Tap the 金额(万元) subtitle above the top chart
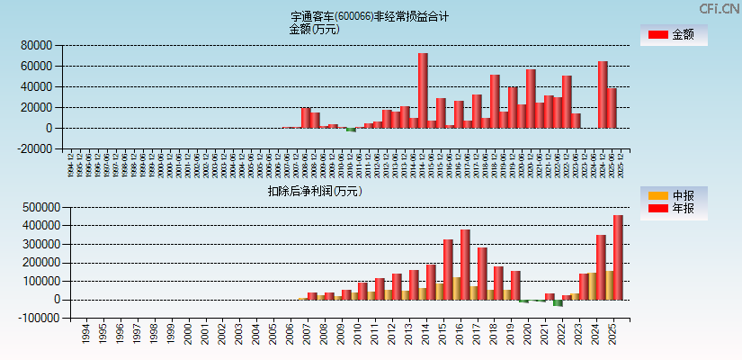[314, 29]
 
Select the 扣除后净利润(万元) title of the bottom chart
[314, 191]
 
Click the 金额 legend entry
[673, 35]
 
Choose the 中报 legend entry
[673, 195]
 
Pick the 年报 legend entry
[673, 209]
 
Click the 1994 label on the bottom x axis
[85, 335]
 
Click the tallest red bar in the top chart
[423, 90]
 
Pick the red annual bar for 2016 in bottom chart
[465, 265]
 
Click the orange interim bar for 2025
[609, 285]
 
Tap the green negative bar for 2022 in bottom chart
[558, 303]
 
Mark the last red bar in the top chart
[612, 108]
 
